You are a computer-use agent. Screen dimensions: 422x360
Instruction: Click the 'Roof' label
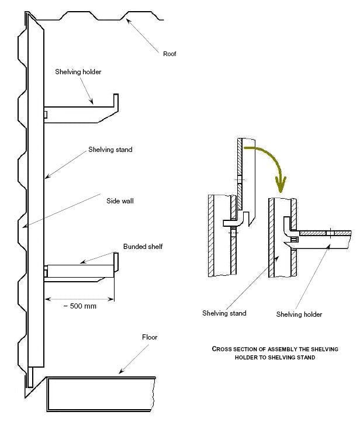pyautogui.click(x=170, y=54)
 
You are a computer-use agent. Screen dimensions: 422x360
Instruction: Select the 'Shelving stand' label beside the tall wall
pyautogui.click(x=110, y=150)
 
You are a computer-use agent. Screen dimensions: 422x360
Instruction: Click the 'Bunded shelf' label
pyautogui.click(x=143, y=246)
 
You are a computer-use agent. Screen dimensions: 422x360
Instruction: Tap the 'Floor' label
pyautogui.click(x=150, y=337)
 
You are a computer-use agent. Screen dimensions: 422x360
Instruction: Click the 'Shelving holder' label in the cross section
pyautogui.click(x=299, y=314)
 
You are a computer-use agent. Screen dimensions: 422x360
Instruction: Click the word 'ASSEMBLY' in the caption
pyautogui.click(x=272, y=349)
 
